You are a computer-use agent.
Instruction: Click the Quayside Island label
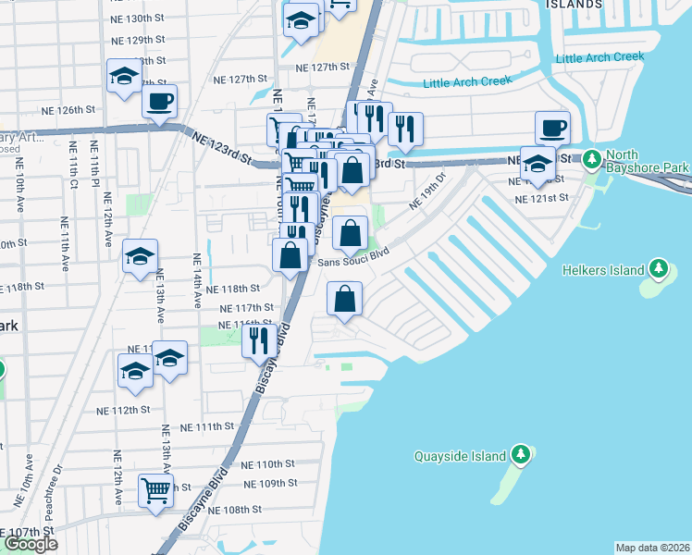460,456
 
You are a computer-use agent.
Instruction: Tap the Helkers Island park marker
659,269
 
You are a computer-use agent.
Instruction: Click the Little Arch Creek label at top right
599,57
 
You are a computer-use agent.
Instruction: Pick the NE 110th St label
269,463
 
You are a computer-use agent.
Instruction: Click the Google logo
31,544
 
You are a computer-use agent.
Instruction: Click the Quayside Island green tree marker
522,455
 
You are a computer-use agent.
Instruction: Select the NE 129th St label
140,40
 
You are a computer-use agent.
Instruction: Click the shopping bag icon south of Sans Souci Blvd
344,298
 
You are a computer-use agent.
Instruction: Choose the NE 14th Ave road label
197,280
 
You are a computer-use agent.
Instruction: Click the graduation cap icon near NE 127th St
123,78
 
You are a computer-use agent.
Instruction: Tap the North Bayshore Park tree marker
592,160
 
